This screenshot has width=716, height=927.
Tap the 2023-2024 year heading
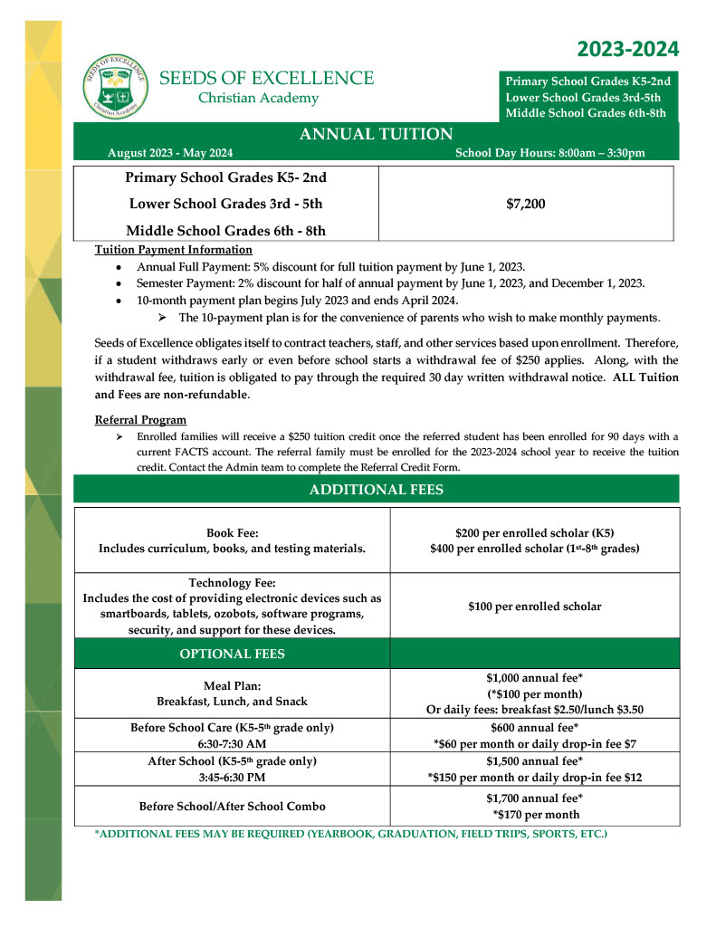click(x=627, y=49)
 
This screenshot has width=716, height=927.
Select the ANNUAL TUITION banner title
click(x=376, y=134)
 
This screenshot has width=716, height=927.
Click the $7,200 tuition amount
click(x=526, y=204)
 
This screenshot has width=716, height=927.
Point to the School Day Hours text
click(x=550, y=153)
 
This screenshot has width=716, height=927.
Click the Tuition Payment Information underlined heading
click(x=174, y=250)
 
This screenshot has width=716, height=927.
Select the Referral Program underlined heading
click(x=140, y=420)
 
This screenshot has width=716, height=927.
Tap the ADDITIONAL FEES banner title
click(x=376, y=490)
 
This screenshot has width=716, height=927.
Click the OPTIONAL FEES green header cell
click(x=233, y=654)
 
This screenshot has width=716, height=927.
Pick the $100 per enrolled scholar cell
click(x=534, y=607)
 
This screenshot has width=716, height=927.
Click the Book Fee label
click(x=232, y=534)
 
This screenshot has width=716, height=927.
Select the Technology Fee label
click(x=232, y=583)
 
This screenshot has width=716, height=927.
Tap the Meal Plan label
click(x=232, y=685)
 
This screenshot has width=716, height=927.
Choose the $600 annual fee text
click(x=534, y=728)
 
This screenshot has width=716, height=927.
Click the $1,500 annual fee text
click(x=534, y=761)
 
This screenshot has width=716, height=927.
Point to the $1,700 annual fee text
click(x=534, y=798)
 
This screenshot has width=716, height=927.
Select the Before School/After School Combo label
click(x=232, y=806)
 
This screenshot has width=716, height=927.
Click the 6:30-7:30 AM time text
click(x=232, y=744)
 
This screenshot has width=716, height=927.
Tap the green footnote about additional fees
click(x=350, y=833)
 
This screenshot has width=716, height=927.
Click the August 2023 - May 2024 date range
click(x=169, y=153)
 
